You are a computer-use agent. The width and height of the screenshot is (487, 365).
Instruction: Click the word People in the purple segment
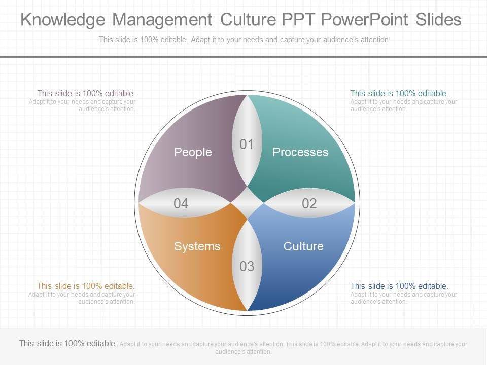click(193, 152)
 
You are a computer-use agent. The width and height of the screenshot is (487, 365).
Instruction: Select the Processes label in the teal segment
click(300, 152)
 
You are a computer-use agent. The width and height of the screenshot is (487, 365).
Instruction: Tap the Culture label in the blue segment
click(303, 246)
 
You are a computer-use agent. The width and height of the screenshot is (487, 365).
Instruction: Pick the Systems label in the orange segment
click(197, 246)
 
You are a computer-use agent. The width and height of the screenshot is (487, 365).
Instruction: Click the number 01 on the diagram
click(247, 144)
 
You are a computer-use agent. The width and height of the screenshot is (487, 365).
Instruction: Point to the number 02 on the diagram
click(309, 204)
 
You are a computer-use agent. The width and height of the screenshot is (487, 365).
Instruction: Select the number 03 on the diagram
click(247, 266)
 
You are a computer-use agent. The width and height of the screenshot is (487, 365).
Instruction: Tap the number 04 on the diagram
click(181, 204)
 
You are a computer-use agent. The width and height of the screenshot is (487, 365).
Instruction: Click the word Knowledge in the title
click(63, 20)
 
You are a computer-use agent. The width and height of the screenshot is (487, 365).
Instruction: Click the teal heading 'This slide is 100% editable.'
click(399, 94)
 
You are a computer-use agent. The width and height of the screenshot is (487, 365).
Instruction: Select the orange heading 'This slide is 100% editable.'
click(86, 286)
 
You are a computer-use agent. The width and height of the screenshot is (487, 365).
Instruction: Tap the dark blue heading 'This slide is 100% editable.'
click(399, 286)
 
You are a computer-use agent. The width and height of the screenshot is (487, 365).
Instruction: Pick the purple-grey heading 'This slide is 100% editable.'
click(86, 94)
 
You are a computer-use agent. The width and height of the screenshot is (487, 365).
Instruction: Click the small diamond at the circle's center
click(247, 203)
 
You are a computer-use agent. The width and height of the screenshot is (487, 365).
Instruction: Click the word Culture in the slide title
click(247, 20)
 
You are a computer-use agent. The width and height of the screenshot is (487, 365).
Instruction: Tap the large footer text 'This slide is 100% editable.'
click(68, 344)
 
